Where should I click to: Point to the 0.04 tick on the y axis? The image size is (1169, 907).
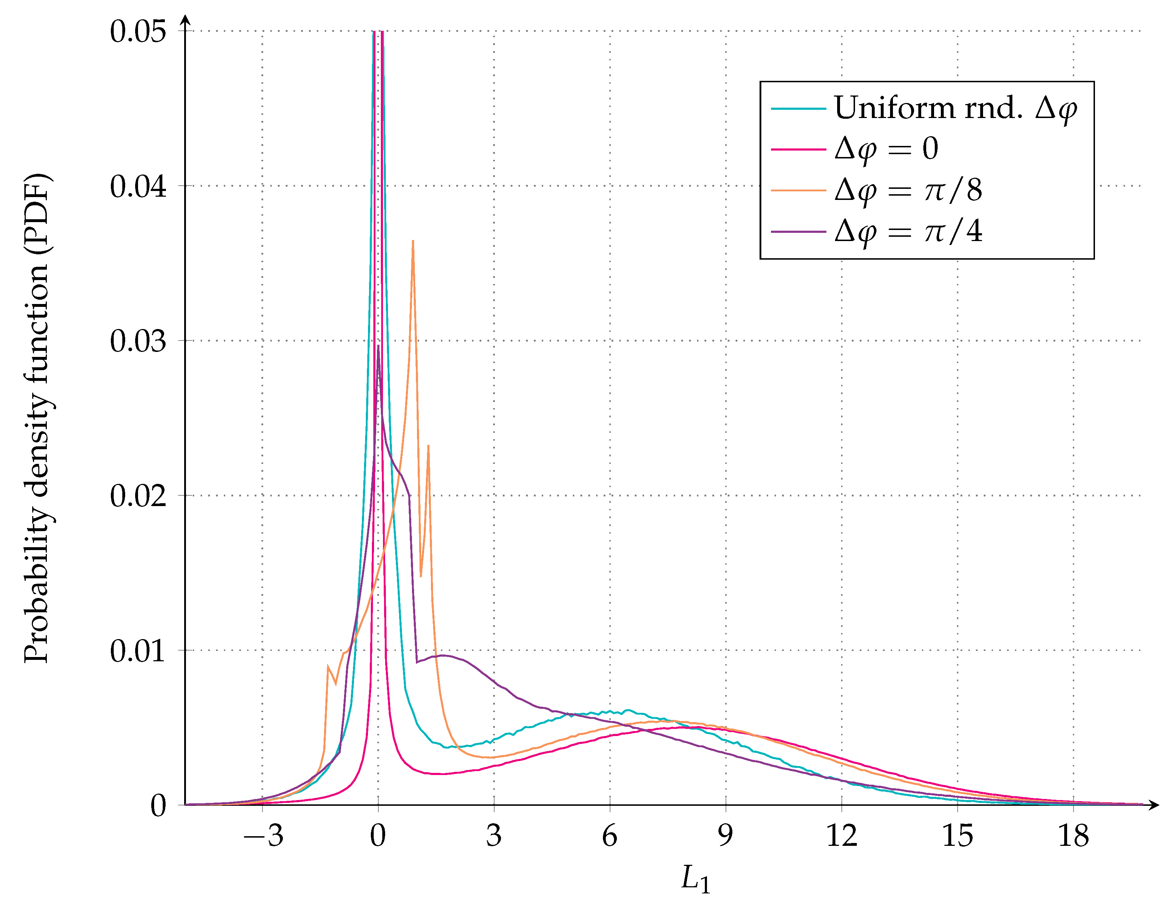[x=138, y=186]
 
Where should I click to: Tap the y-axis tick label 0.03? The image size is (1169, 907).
[x=138, y=341]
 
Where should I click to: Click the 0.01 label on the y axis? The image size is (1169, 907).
[x=138, y=651]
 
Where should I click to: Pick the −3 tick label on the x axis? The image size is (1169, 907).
[x=263, y=836]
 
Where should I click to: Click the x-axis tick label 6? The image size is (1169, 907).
[x=610, y=836]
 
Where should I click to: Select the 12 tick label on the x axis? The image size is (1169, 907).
[x=841, y=836]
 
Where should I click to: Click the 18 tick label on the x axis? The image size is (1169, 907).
[x=1073, y=836]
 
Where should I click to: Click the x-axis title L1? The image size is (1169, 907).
[x=695, y=879]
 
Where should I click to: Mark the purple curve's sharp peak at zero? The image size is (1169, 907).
[x=378, y=347]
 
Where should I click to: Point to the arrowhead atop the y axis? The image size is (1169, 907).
[x=185, y=19]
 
